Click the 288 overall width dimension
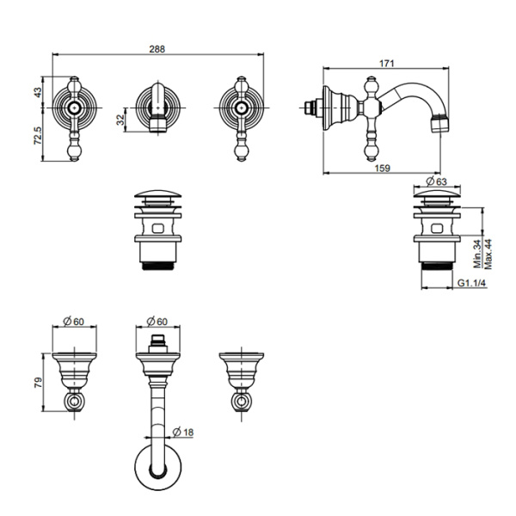click(157, 49)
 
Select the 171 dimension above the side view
click(387, 63)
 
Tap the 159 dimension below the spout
click(383, 169)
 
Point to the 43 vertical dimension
click(38, 92)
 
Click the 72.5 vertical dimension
click(38, 135)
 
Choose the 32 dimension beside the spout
click(121, 120)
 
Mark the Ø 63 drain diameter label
click(436, 181)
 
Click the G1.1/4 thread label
click(472, 283)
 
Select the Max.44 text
click(488, 254)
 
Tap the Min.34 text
click(478, 254)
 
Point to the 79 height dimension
click(38, 383)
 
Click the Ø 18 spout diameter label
click(183, 432)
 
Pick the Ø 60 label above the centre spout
click(157, 321)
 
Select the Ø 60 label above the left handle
click(74, 321)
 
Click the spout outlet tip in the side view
click(440, 124)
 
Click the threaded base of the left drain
click(158, 266)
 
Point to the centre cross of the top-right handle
click(242, 107)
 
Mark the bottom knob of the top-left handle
click(75, 151)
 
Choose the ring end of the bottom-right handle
click(242, 402)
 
